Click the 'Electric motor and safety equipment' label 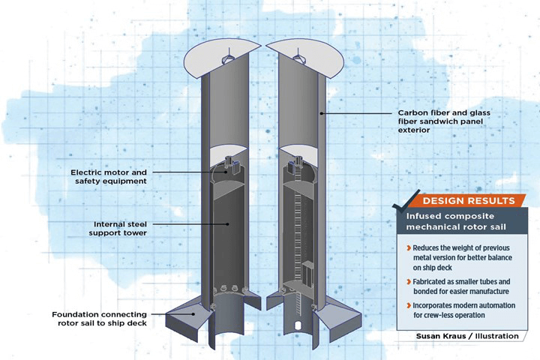pyautogui.click(x=109, y=176)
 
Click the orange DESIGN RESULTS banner pyautogui.click(x=469, y=201)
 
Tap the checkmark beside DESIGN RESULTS pyautogui.click(x=406, y=200)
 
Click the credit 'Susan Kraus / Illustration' pyautogui.click(x=467, y=336)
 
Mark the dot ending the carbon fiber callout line pyautogui.click(x=321, y=113)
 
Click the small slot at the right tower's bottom pyautogui.click(x=298, y=326)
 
